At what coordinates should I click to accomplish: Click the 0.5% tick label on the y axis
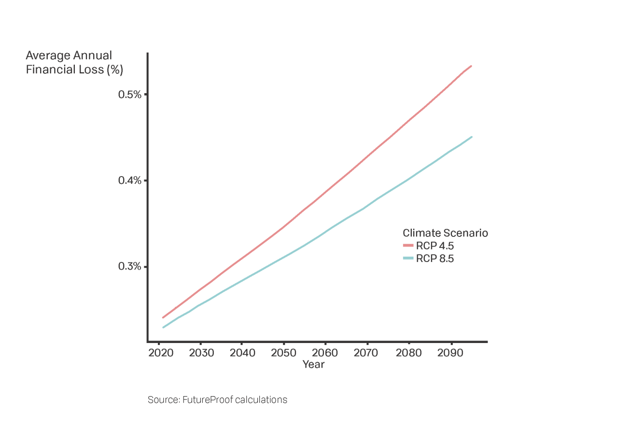coord(130,95)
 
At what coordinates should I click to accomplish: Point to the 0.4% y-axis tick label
coord(130,180)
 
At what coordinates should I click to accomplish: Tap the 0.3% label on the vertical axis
coord(130,267)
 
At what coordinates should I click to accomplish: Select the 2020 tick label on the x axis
coord(161,353)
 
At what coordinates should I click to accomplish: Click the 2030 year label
coord(202,353)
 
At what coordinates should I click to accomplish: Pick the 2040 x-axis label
coord(243,353)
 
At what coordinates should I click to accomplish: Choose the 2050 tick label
coord(284,353)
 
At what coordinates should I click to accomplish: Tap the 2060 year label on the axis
coord(325,353)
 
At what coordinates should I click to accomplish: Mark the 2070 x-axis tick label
coord(366,353)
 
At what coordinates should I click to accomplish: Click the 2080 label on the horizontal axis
coord(409,353)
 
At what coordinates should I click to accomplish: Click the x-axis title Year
coord(313,365)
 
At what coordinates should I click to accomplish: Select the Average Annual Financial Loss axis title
coord(74,63)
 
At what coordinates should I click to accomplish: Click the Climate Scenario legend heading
coord(445,233)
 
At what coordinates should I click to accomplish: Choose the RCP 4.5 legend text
coord(435,246)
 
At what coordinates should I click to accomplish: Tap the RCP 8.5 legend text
coord(435,259)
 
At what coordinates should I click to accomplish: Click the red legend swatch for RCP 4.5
coord(408,246)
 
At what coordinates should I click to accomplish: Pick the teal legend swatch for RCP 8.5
coord(408,259)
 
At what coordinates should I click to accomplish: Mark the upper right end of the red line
coord(471,66)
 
